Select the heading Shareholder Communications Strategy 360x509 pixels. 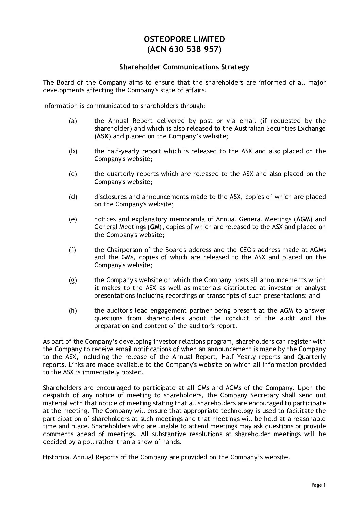coord(184,67)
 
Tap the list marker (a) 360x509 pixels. coord(73,121)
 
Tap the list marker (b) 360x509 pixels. coord(73,151)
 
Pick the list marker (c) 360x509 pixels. coord(73,174)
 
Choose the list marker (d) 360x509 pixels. coord(73,197)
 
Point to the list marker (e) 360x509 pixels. coord(73,220)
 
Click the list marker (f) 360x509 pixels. coord(72,250)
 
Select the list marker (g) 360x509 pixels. coord(73,280)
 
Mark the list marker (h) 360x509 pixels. coord(73,311)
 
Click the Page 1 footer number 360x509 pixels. coord(318,485)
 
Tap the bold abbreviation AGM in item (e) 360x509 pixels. coord(303,219)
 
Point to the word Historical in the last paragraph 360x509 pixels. coord(57,457)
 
